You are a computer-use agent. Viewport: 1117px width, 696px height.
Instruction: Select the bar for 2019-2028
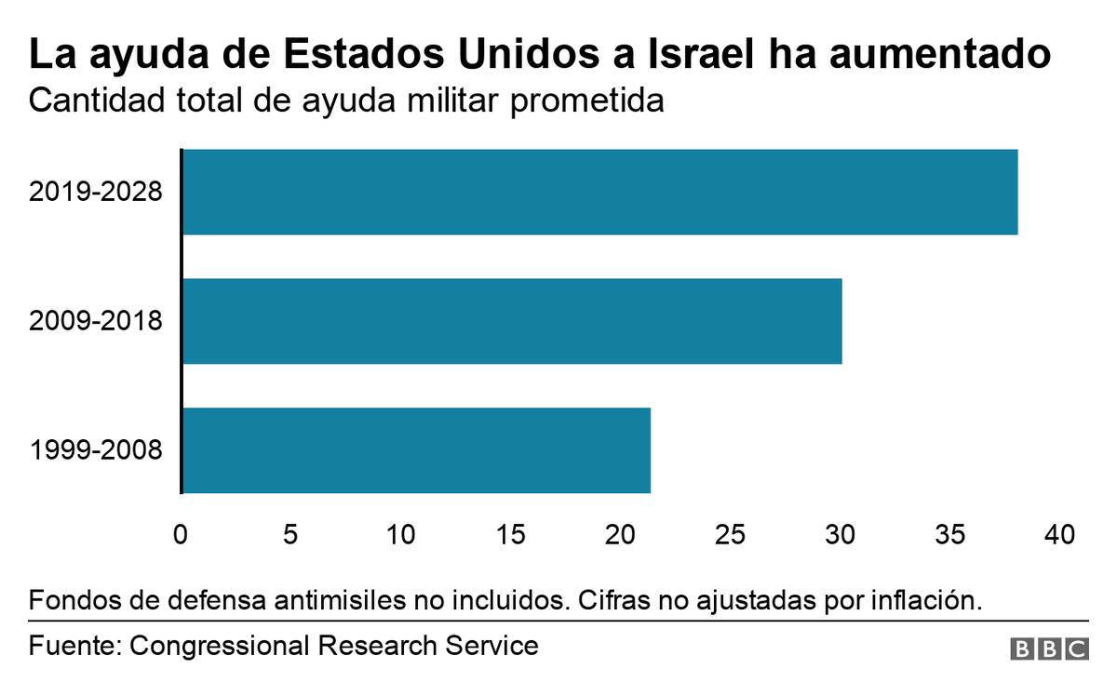point(600,192)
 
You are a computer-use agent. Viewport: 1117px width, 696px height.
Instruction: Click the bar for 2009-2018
point(513,321)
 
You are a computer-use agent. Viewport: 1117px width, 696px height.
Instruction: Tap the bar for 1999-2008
point(417,450)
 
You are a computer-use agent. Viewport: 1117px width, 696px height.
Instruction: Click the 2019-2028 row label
point(96,192)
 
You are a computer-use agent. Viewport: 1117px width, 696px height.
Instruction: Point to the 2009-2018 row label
point(96,321)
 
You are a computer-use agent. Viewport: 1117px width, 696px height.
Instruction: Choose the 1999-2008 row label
point(96,450)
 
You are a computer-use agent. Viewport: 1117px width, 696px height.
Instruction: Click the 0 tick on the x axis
point(181,534)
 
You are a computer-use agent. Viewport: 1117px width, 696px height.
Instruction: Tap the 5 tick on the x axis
point(290,534)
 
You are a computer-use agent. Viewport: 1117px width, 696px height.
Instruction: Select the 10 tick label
point(400,534)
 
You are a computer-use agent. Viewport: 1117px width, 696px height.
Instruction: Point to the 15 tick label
point(511,534)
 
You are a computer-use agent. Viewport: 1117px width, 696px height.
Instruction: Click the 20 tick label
point(620,534)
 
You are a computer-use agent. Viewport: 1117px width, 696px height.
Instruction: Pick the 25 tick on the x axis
point(730,534)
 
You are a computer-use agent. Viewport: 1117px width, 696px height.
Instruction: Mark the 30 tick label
point(841,534)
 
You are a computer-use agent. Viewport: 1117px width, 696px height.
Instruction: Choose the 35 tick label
point(950,534)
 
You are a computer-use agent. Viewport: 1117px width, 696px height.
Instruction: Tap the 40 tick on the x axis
point(1059,534)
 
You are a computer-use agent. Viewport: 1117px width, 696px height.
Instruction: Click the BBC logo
point(1049,649)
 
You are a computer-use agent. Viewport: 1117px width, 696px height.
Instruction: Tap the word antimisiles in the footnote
point(340,600)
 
